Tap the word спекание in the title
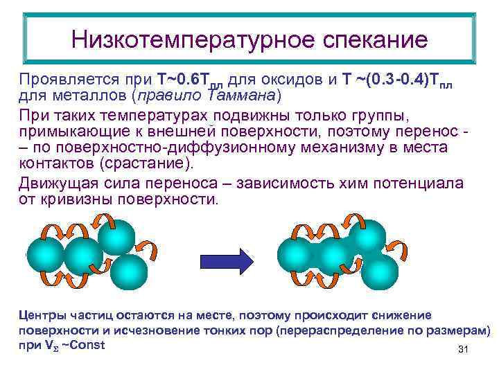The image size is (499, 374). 376,39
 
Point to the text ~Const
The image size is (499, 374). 84,344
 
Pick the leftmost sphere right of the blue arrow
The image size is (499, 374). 295,256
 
